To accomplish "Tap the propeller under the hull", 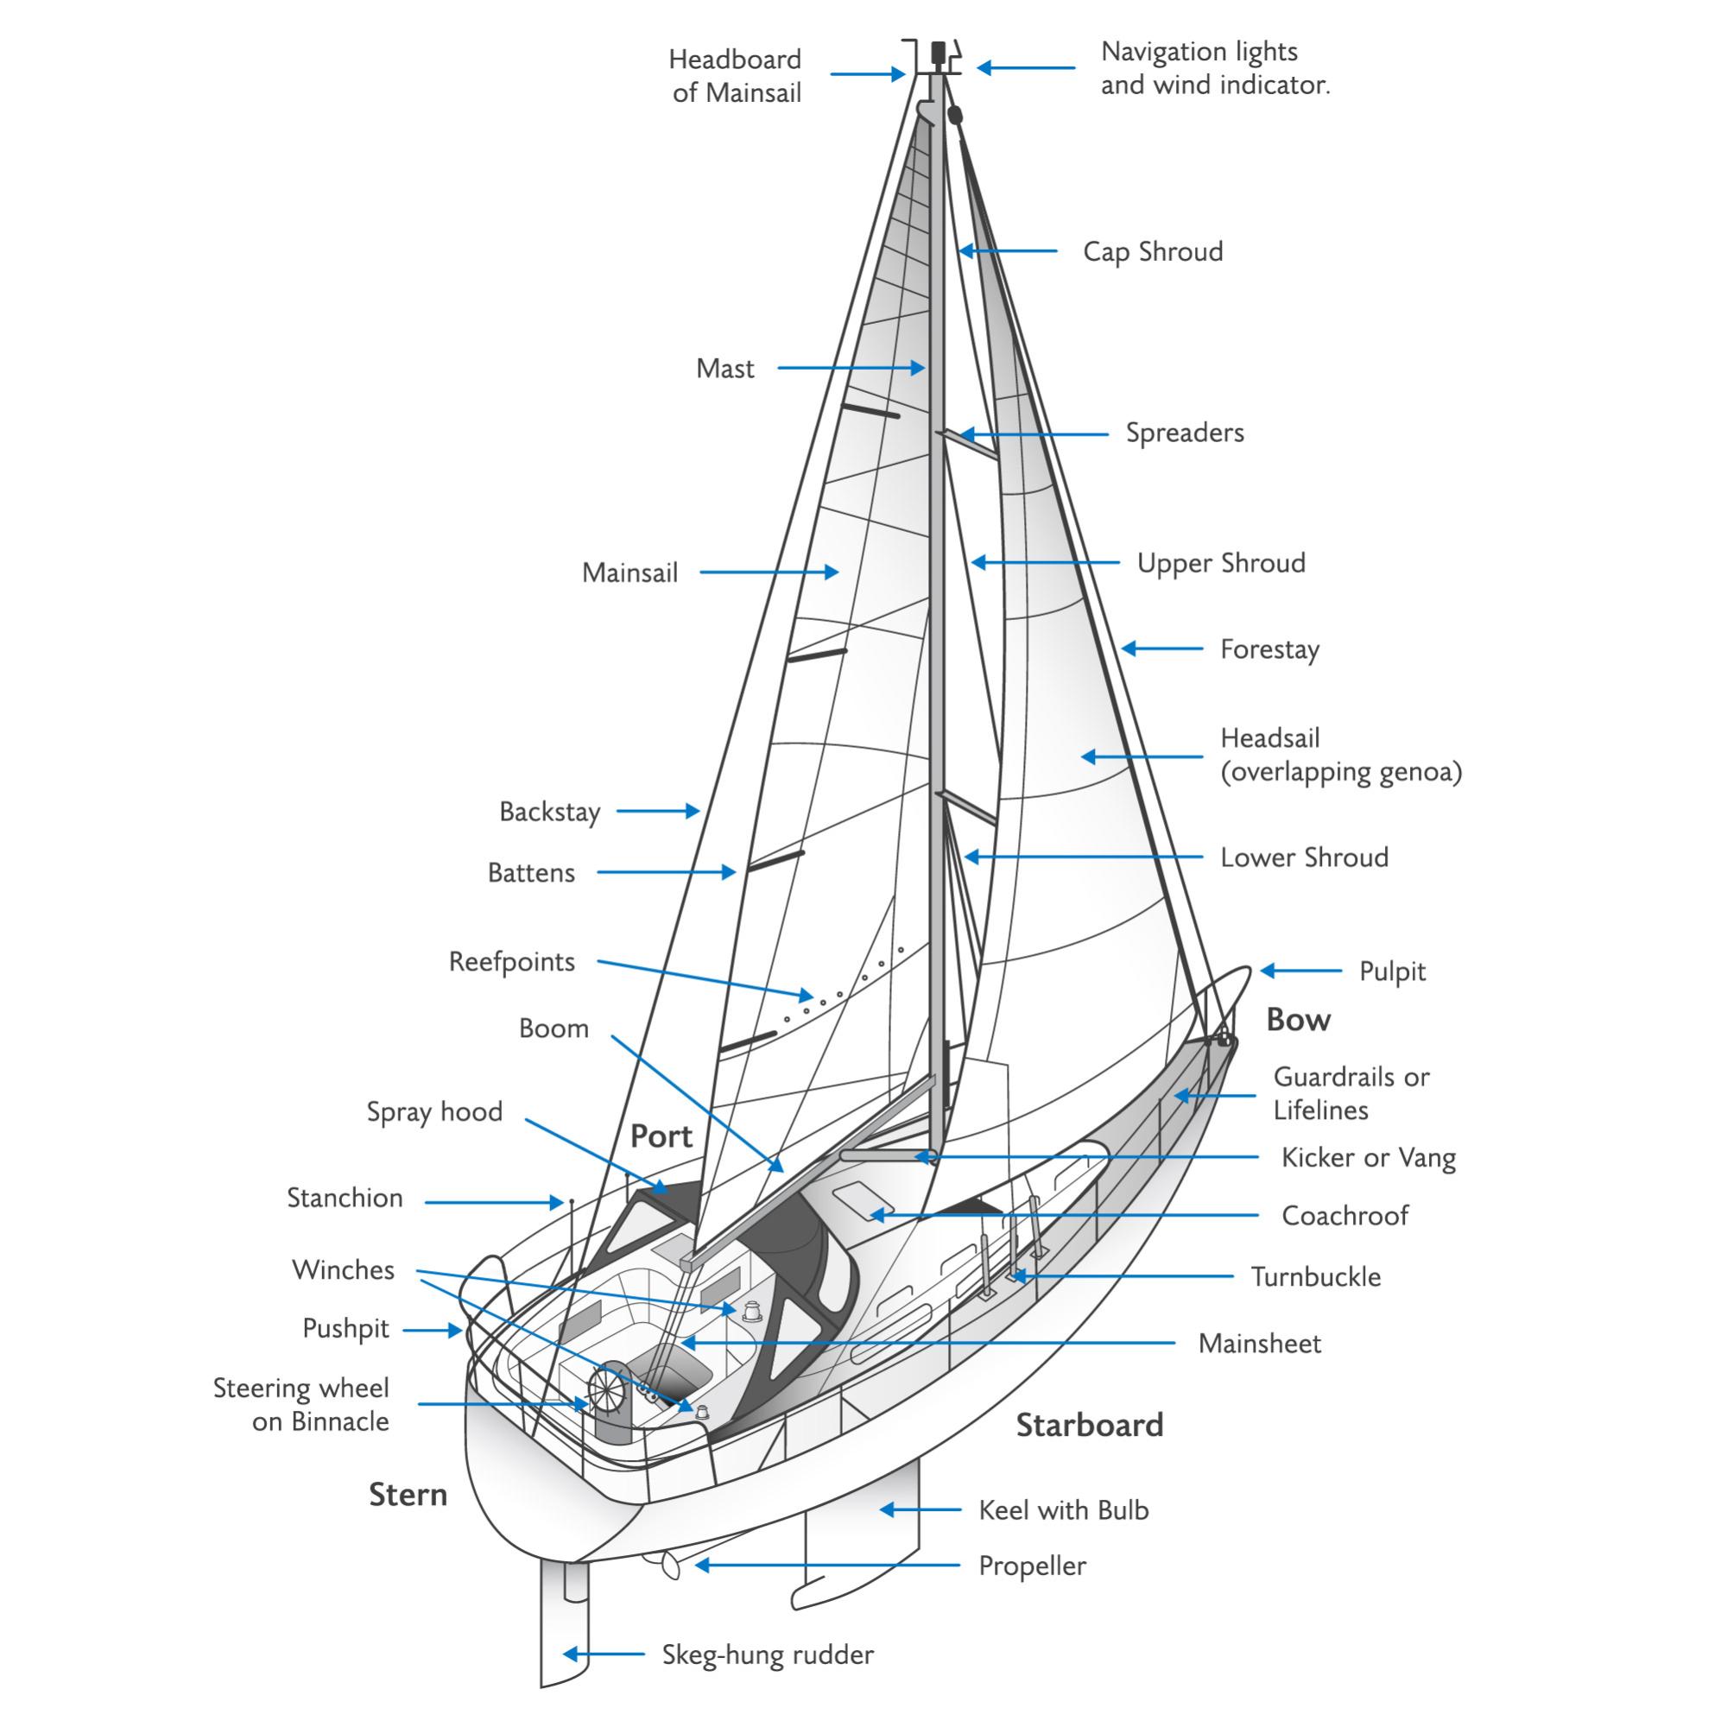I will tap(665, 1564).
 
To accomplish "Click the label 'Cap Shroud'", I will tap(1152, 252).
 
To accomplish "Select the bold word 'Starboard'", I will tap(1089, 1425).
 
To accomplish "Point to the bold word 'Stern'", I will tap(408, 1495).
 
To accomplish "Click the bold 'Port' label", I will tap(661, 1136).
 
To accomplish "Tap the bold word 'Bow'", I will tap(1298, 1020).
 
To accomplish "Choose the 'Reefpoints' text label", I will tap(511, 962).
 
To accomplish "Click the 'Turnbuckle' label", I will tap(1315, 1276).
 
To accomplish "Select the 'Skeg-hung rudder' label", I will tap(767, 1654).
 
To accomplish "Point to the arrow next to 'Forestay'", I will tap(1162, 649).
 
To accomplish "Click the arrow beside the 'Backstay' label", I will tap(658, 811).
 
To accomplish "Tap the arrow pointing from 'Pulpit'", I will tap(1300, 970).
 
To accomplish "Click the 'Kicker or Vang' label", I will tap(1368, 1158).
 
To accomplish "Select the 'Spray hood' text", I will tap(434, 1111).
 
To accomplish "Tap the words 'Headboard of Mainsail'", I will tap(736, 76).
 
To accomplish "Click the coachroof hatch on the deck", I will tap(856, 1199).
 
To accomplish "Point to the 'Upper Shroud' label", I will tap(1221, 563).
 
